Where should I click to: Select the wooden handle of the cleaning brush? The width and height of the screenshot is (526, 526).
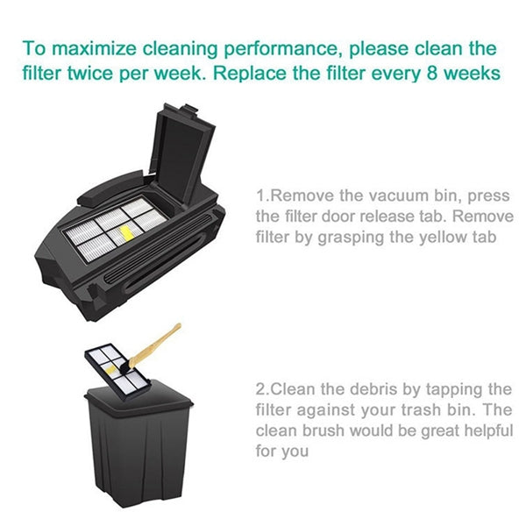click(160, 343)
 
